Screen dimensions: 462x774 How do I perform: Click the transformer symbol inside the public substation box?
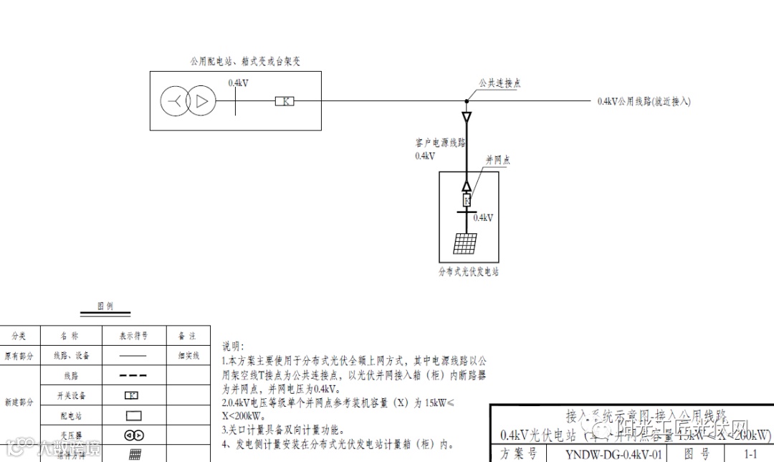187,102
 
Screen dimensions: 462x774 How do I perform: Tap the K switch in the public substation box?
285,102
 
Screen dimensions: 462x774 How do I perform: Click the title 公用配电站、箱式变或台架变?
244,62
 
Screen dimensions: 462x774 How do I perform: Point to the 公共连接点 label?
500,83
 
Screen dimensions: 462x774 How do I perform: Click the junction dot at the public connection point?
466,101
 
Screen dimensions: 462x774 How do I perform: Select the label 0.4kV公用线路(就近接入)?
644,102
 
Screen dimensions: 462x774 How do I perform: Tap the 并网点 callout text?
497,160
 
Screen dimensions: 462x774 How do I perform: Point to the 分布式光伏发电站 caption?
468,272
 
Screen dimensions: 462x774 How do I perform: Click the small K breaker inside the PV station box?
467,200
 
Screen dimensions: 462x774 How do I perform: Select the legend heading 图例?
105,306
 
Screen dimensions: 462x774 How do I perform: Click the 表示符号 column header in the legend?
134,335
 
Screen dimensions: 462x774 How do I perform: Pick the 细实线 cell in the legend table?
188,355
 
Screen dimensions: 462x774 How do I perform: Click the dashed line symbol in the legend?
133,375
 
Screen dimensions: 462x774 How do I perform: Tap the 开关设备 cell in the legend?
70,395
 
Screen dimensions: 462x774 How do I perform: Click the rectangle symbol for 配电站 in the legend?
133,415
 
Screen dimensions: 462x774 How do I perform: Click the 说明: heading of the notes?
233,346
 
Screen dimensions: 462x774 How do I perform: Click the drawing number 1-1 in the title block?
750,453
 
